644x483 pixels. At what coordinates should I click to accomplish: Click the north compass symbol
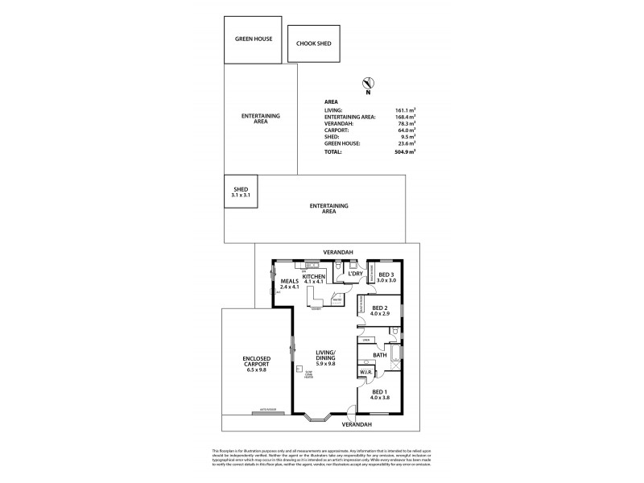coord(367,84)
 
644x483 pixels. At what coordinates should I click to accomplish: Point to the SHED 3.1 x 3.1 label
coord(241,192)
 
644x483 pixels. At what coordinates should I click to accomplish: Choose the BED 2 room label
coord(382,311)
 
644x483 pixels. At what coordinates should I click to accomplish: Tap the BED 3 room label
coord(386,277)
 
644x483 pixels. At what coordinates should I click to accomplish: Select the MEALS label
coord(289,284)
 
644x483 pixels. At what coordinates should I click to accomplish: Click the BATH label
coord(380,354)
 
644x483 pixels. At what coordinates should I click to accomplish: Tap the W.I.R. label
coord(365,372)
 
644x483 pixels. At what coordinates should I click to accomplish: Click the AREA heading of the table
coord(330,102)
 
